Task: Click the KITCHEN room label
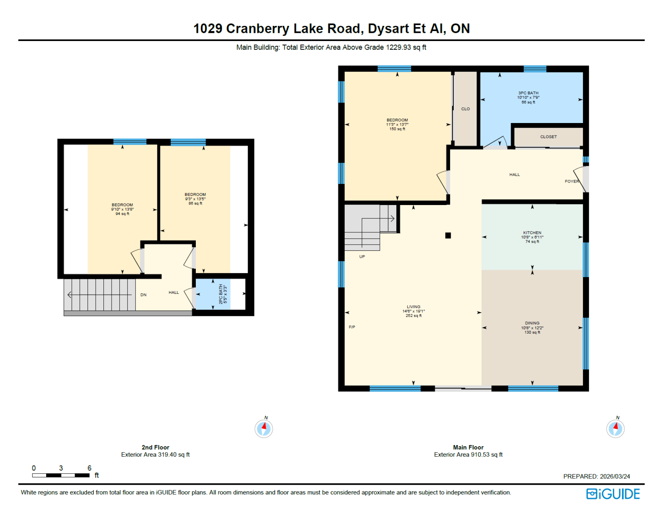click(532, 233)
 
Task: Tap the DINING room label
click(532, 323)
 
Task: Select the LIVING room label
click(413, 307)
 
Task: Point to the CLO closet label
click(465, 109)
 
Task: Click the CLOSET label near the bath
click(548, 137)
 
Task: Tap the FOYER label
click(572, 181)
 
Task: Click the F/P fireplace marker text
click(352, 327)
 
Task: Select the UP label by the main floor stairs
click(362, 257)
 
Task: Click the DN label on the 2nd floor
click(143, 295)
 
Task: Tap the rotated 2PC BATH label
click(221, 294)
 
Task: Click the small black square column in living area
click(448, 236)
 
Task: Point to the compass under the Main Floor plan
click(615, 429)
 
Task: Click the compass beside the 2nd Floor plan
click(264, 429)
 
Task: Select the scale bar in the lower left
click(61, 475)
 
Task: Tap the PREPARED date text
click(596, 477)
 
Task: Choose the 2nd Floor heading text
click(155, 447)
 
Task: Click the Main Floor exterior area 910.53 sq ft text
click(468, 455)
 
